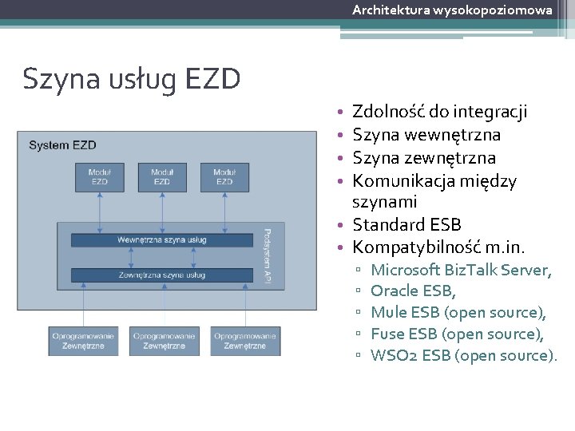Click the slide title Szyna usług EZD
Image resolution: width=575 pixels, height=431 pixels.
(x=132, y=79)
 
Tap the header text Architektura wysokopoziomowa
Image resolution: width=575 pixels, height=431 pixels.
(x=452, y=10)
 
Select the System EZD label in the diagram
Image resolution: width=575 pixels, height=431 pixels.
(x=62, y=144)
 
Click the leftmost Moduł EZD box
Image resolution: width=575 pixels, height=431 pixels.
(x=100, y=176)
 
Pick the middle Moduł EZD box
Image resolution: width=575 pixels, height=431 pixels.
(x=162, y=176)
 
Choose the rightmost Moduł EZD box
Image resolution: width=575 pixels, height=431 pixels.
(x=224, y=176)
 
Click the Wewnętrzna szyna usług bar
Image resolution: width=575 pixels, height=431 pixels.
(x=161, y=239)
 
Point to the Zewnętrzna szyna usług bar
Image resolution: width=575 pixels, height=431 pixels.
(x=161, y=275)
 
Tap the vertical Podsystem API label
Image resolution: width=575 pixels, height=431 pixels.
(x=268, y=256)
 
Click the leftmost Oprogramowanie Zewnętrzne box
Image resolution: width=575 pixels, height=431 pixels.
(x=84, y=341)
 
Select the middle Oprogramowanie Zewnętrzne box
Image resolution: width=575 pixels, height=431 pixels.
(x=165, y=341)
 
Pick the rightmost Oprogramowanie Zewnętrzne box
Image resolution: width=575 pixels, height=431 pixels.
(x=245, y=341)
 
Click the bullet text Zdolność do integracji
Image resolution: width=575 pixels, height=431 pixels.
(x=439, y=112)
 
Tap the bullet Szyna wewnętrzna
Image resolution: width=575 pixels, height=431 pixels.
(x=426, y=135)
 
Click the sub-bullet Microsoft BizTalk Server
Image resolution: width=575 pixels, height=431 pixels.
(x=461, y=270)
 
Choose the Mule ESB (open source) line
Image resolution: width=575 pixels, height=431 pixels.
(x=458, y=312)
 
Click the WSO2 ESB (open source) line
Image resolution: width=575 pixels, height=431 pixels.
(x=464, y=355)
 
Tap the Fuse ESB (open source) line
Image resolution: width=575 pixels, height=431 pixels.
(x=458, y=334)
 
